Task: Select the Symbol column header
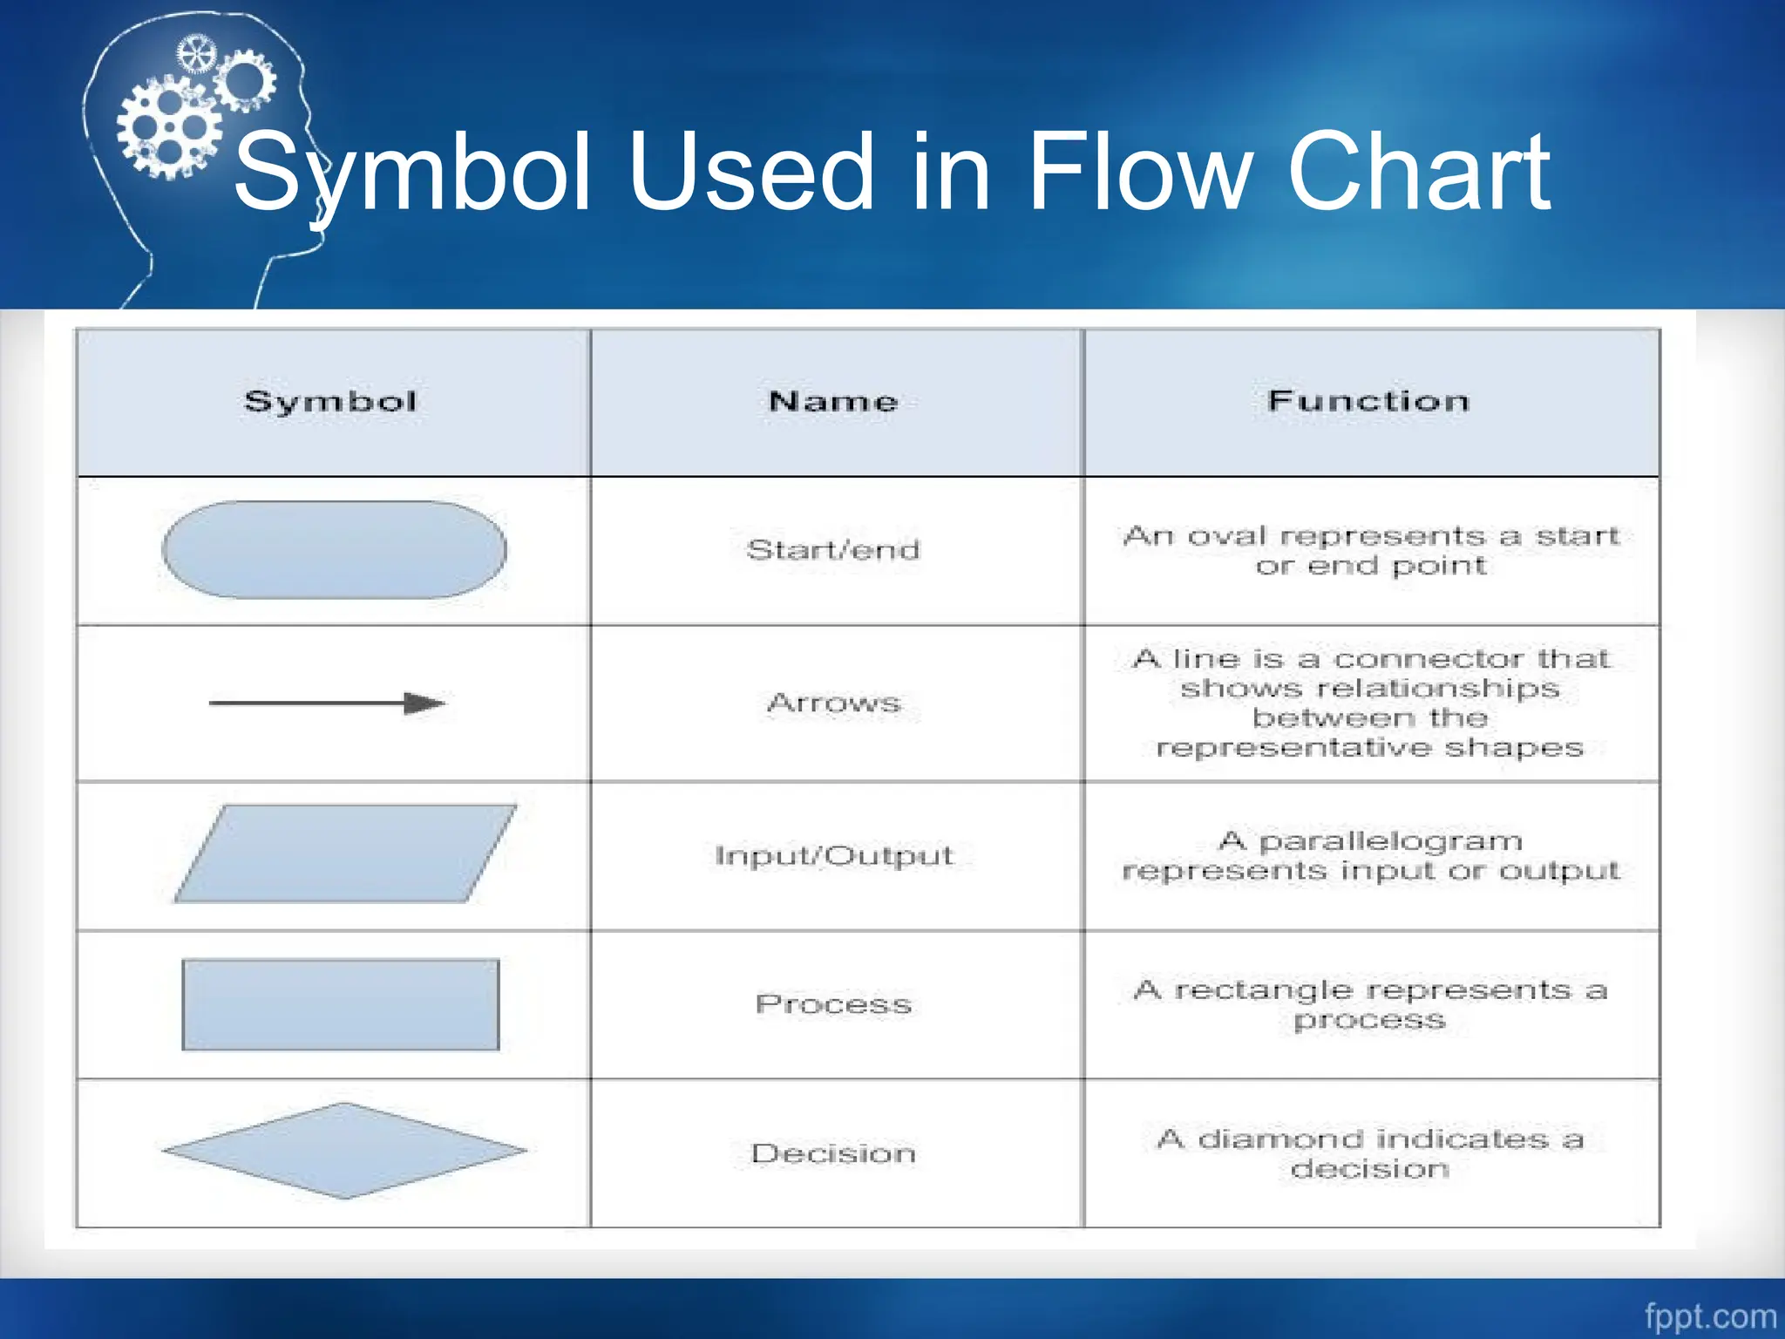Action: (330, 402)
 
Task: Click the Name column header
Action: (833, 402)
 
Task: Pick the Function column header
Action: (1368, 401)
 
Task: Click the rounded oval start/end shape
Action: (335, 550)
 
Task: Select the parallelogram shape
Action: (345, 853)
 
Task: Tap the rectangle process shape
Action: (341, 1005)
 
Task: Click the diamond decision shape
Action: (345, 1151)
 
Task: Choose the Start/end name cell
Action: (833, 550)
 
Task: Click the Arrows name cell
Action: (834, 703)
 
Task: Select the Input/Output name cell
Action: (834, 855)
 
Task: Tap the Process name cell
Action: (833, 1004)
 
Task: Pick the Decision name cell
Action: (833, 1153)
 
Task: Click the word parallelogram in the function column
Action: (1391, 842)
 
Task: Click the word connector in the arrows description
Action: (1429, 658)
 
